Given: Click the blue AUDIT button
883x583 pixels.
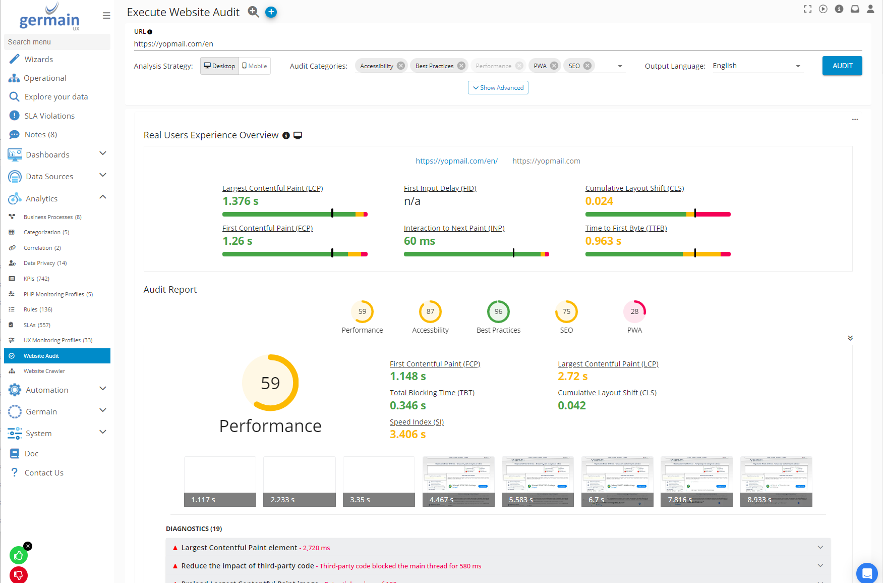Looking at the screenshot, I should coord(842,66).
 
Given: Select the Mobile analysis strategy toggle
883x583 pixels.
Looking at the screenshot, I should coord(255,66).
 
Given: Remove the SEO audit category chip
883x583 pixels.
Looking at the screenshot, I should coord(587,66).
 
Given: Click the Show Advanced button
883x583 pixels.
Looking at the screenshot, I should coord(498,88).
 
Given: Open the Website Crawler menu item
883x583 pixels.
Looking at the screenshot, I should coord(44,371).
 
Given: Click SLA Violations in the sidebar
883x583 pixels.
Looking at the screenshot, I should coord(49,116).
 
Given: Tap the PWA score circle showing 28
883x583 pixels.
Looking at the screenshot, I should coord(634,311).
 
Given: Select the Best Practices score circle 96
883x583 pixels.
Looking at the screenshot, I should coord(498,311).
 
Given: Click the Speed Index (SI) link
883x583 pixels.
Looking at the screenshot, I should coord(417,422).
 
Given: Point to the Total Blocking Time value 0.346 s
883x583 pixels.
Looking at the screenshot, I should coord(407,405).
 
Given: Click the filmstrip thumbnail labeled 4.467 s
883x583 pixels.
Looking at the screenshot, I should coord(458,481).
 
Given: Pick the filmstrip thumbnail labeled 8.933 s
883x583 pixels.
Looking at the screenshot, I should coord(776,481).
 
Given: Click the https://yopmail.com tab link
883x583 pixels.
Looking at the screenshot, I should coord(546,161).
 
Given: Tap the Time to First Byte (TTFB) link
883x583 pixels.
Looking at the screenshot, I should coord(626,228).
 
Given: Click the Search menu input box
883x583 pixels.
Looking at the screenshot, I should coord(57,42).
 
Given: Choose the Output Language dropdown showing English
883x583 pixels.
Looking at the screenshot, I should coord(757,66).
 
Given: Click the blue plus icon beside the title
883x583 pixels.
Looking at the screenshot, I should coord(271,12).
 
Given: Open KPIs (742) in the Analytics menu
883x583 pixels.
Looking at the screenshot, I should coord(36,279).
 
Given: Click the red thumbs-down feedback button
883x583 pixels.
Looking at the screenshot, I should coord(19,574).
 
